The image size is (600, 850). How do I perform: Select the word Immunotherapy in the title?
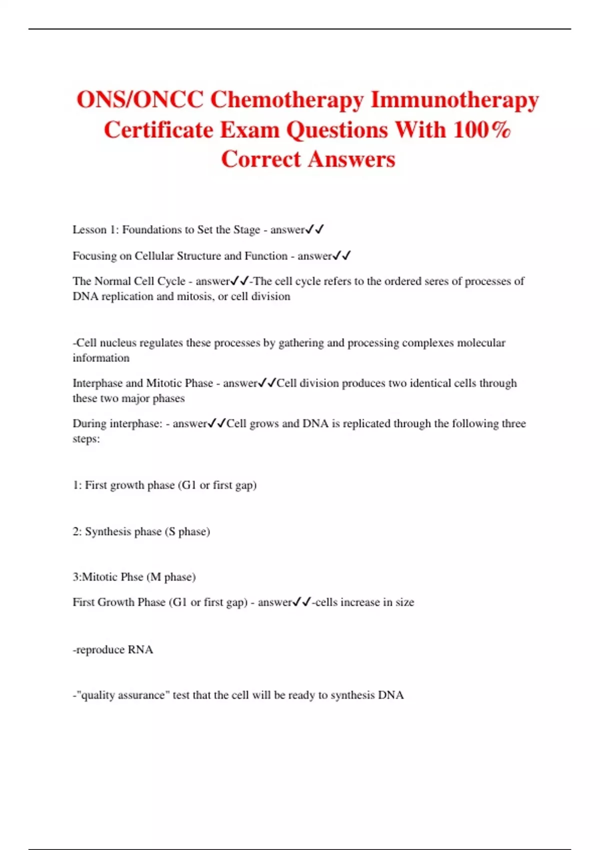click(x=454, y=100)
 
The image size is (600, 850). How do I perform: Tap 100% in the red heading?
click(x=482, y=130)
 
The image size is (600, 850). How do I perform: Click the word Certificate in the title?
click(x=158, y=130)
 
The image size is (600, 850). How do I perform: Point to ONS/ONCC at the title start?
click(x=140, y=100)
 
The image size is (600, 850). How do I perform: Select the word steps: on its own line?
click(x=86, y=439)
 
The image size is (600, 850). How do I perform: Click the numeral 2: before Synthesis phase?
click(x=77, y=531)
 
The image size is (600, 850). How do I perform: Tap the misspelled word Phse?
click(x=132, y=577)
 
